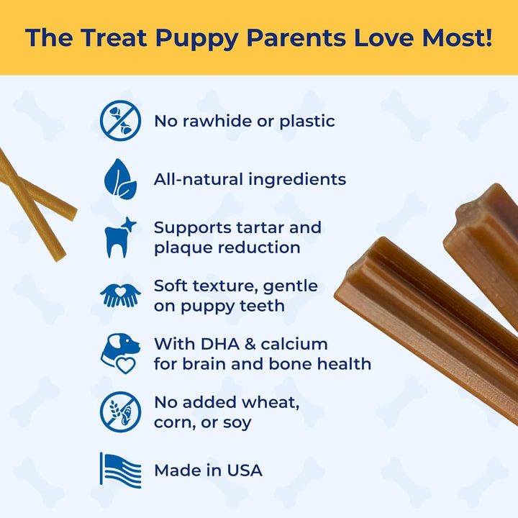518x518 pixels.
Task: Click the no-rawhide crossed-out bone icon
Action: point(120,121)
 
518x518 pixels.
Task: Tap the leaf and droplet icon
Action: point(120,179)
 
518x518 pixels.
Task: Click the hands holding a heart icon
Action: point(120,295)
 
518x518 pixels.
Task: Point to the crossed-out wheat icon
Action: point(120,412)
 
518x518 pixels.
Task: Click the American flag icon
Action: point(120,470)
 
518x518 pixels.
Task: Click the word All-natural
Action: point(199,179)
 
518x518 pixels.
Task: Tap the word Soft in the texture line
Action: point(171,286)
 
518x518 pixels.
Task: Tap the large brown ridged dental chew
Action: point(424,317)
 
